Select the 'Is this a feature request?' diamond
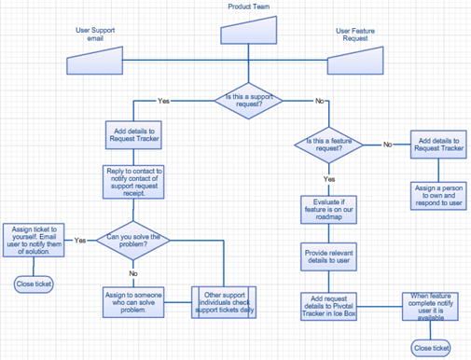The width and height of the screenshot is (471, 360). [x=329, y=145]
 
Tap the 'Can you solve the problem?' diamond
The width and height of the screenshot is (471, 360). [x=133, y=241]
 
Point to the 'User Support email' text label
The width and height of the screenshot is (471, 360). [x=95, y=35]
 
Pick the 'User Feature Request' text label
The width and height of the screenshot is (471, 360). [x=355, y=35]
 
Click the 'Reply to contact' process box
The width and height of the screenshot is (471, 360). [x=133, y=182]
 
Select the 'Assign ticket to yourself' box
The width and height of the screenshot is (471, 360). [x=34, y=240]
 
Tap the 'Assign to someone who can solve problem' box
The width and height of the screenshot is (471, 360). [x=133, y=303]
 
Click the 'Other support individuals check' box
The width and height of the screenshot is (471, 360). [x=223, y=303]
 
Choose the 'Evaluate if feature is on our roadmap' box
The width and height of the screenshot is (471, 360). [x=329, y=210]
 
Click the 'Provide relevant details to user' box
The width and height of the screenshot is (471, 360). [x=329, y=255]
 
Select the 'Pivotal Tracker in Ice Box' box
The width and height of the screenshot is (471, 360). [x=329, y=306]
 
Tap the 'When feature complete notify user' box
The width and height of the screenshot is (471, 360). [x=432, y=306]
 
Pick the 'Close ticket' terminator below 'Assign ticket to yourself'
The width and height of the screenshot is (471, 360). [x=34, y=284]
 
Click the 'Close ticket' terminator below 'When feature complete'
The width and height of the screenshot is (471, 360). [x=431, y=348]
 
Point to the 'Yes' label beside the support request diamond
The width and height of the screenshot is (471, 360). [x=164, y=100]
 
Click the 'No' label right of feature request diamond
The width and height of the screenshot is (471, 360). [x=387, y=145]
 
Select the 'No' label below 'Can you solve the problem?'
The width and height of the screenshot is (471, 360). [x=133, y=273]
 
